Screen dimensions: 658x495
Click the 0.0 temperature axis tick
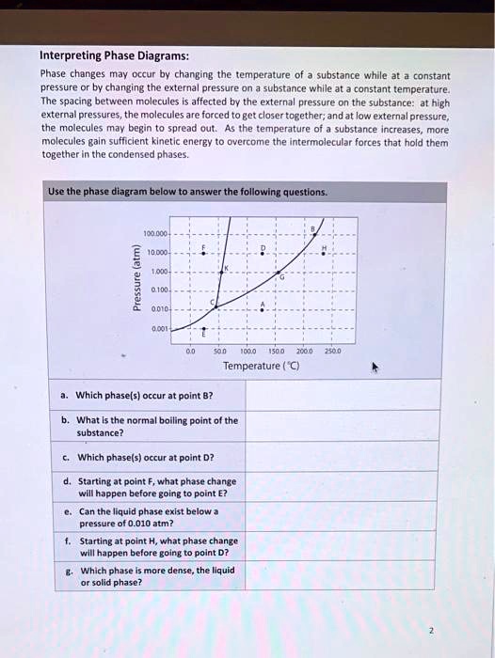[190, 349]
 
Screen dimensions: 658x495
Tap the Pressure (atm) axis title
[138, 278]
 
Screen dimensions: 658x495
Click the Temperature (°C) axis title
[261, 366]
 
